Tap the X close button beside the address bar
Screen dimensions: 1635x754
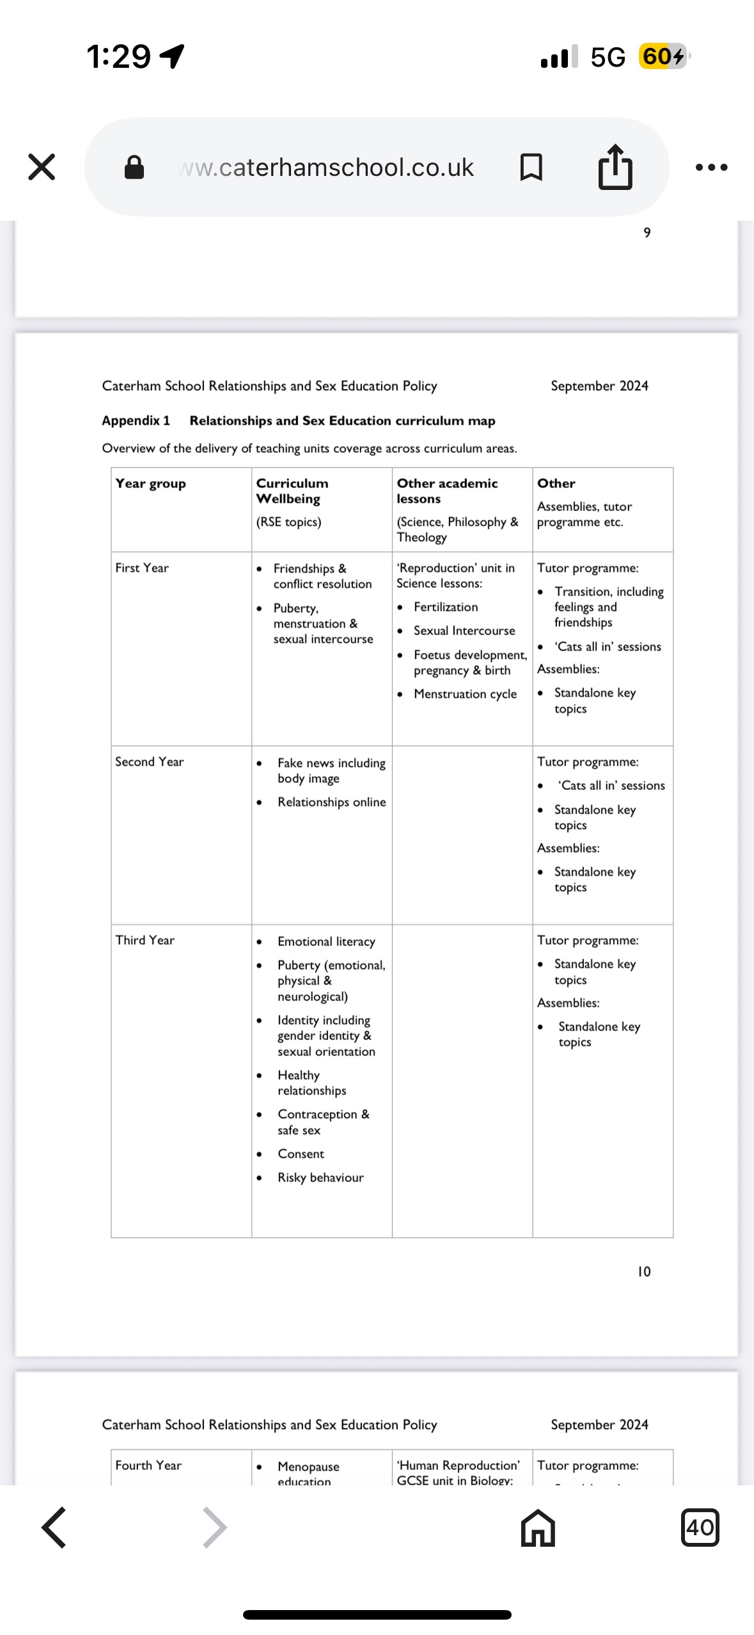tap(42, 167)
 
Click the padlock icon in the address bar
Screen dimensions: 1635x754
tap(134, 168)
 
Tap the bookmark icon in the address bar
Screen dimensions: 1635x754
tap(531, 168)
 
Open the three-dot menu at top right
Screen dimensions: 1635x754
tap(711, 168)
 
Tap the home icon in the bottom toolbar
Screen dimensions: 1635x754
tap(538, 1528)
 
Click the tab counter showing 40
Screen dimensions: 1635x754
tap(700, 1528)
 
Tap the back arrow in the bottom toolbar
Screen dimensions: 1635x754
tap(54, 1528)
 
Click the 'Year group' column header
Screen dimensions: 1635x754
tap(151, 484)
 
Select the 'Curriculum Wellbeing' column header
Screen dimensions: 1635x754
tap(292, 491)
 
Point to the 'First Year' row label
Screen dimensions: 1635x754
tap(142, 568)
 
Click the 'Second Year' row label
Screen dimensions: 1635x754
tap(150, 762)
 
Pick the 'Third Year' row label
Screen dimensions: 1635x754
tap(145, 940)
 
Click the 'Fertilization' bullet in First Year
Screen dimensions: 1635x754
tap(446, 607)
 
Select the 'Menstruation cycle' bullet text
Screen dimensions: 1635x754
tap(465, 694)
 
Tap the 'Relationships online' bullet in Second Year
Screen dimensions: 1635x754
tap(331, 802)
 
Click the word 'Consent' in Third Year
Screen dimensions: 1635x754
tap(301, 1154)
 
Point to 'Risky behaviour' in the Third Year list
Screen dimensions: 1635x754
tap(320, 1178)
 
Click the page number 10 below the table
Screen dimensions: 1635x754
tap(644, 1272)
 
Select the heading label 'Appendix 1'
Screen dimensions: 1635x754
tap(136, 421)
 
